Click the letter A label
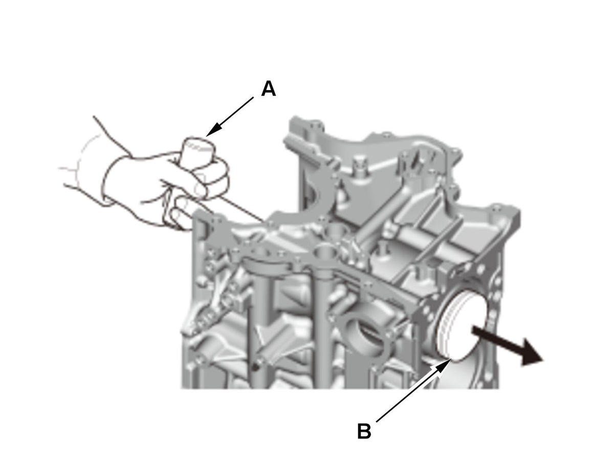pos(268,89)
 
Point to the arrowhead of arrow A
pos(213,130)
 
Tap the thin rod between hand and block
pos(240,208)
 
